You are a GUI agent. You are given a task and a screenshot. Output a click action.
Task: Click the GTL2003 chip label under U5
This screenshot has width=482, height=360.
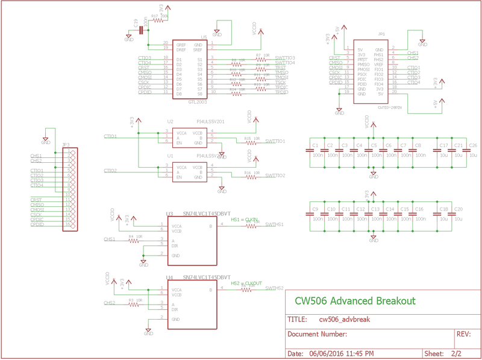[x=196, y=102]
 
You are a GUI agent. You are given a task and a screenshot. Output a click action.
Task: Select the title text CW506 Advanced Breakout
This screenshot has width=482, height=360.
[x=354, y=300]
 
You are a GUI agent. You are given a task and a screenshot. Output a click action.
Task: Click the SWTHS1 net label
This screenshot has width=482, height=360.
[x=275, y=224]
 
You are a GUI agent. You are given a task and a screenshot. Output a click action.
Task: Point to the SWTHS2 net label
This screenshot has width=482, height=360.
[x=275, y=288]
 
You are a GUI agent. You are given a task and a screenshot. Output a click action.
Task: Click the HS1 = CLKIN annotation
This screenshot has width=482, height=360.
[x=245, y=219]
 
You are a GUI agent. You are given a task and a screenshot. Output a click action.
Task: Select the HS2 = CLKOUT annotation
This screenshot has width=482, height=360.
[x=246, y=283]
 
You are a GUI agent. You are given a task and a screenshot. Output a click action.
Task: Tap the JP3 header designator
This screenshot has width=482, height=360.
[x=66, y=145]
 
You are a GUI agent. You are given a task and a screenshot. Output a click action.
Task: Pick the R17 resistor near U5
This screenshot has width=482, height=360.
[x=158, y=20]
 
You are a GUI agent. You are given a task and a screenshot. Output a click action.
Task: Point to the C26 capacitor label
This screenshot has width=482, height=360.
[x=473, y=145]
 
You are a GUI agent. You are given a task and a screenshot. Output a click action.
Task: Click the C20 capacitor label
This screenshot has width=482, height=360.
[x=459, y=209]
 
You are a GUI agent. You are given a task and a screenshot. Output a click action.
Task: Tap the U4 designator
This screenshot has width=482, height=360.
[x=170, y=277]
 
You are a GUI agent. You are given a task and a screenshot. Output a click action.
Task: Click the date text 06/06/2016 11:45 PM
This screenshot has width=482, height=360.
[x=341, y=353]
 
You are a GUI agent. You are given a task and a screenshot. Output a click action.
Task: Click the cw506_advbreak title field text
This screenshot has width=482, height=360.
[x=344, y=319]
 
